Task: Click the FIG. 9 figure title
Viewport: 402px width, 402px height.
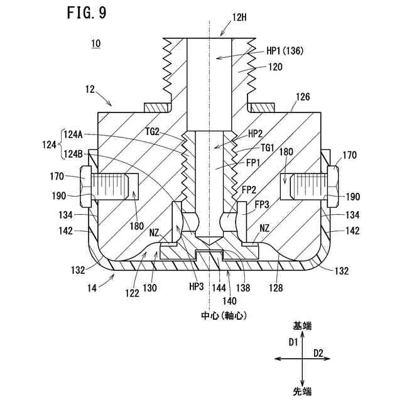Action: point(87,13)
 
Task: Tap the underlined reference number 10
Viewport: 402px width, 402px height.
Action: point(96,43)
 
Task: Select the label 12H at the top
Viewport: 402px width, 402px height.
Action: point(239,18)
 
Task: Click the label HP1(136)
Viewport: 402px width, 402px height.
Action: point(285,51)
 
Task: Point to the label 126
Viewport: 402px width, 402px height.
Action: point(303,97)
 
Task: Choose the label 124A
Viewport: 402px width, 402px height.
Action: point(73,134)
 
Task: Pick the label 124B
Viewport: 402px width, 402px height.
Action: point(73,154)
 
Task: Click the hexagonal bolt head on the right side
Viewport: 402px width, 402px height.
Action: point(333,187)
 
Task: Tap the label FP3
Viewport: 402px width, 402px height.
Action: point(262,205)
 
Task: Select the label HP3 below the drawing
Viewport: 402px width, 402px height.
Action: point(197,286)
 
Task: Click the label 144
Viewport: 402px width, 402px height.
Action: point(219,288)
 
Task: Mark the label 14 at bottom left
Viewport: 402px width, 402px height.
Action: point(92,288)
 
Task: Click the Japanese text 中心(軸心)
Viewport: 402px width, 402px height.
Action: point(224,315)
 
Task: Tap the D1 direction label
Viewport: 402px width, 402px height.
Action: point(293,342)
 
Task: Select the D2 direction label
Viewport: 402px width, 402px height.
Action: point(318,354)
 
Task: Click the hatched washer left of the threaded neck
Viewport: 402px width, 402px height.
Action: point(157,107)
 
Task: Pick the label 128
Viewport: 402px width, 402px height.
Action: point(276,288)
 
